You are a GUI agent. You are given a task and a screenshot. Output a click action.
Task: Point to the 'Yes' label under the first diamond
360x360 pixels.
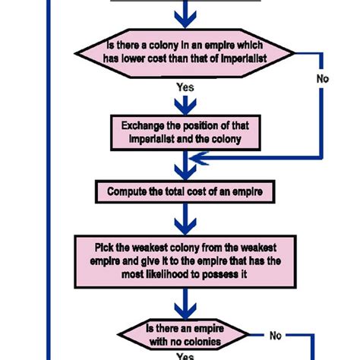coord(185,87)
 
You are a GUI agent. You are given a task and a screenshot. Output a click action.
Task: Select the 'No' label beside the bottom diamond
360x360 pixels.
coord(276,335)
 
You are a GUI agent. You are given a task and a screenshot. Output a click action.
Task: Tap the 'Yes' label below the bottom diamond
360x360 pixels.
coord(185,355)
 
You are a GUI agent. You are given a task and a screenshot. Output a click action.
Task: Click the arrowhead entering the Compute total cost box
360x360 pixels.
coord(183,169)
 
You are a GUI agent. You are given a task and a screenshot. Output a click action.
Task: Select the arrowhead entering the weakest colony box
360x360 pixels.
coord(183,226)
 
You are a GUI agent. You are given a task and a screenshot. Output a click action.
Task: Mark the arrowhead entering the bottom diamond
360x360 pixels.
coord(183,311)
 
